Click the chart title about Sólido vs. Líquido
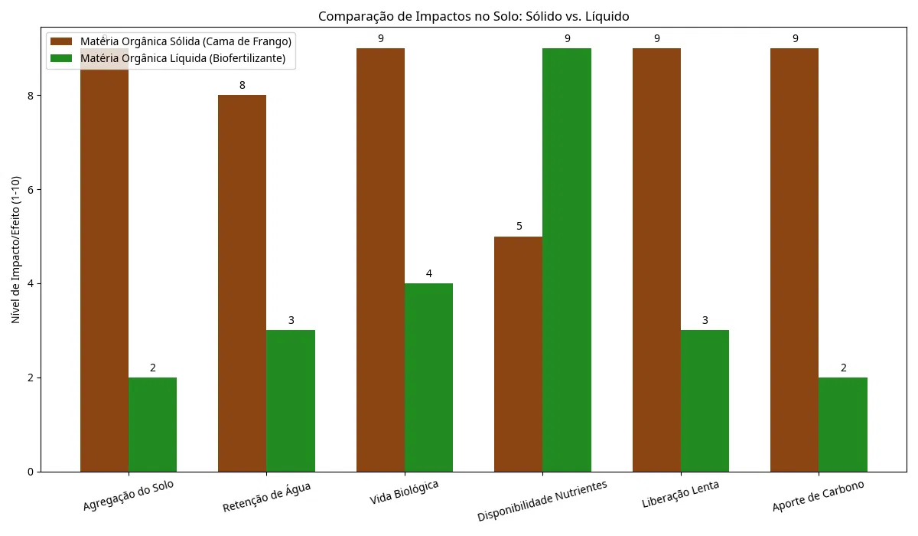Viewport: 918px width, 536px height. (474, 16)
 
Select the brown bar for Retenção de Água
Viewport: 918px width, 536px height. (242, 283)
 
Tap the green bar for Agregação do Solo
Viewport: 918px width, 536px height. (152, 424)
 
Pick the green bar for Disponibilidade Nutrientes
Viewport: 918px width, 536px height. (567, 260)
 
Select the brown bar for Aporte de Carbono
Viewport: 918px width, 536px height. (794, 260)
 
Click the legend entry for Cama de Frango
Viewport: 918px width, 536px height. (191, 41)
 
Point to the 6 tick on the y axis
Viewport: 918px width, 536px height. (31, 190)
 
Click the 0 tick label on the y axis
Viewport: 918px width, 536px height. (31, 472)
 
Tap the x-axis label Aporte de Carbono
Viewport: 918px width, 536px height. (818, 497)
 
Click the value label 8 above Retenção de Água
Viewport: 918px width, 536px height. (242, 85)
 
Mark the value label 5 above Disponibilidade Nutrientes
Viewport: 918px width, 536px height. (519, 227)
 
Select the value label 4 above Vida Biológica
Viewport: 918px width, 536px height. (428, 273)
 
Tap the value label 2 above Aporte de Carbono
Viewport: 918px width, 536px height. (843, 368)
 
